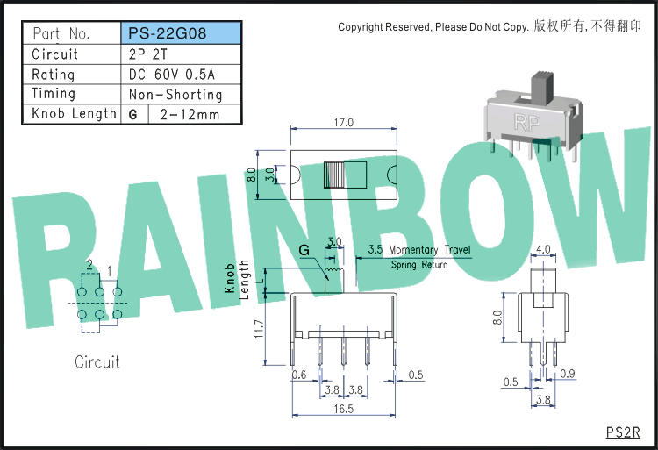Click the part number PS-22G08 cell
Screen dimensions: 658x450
(181, 33)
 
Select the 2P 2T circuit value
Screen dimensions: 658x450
(147, 54)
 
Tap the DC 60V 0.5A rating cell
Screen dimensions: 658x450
(172, 75)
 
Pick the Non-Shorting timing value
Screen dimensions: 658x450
(175, 95)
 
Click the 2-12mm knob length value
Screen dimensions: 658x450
(190, 115)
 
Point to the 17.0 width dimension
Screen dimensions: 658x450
(344, 123)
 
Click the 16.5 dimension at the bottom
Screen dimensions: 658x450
(344, 409)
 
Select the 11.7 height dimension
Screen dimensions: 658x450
(259, 329)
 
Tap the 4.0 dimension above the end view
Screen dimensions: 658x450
(543, 249)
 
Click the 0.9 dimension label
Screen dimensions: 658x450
(568, 374)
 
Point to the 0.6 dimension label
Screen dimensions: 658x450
(299, 375)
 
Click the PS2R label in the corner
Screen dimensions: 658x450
(623, 432)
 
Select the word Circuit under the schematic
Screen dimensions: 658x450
(97, 362)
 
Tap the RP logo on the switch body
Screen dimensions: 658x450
(527, 123)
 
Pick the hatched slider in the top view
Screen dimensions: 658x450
(334, 175)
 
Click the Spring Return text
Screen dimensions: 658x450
(419, 265)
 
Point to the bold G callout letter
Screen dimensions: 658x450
(304, 250)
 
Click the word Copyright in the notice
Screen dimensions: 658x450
(361, 27)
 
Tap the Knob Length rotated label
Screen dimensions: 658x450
(237, 279)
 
